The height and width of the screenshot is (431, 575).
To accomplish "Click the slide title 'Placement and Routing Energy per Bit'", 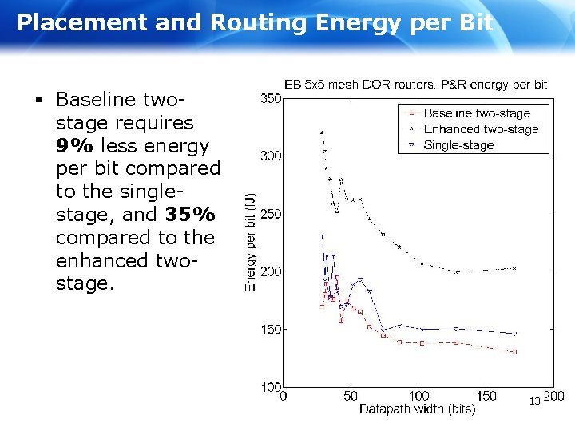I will (x=255, y=22).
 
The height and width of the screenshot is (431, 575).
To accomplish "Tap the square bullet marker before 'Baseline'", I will (x=38, y=101).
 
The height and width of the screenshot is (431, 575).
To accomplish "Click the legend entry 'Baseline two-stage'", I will (x=475, y=113).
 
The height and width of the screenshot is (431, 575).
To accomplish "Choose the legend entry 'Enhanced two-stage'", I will (x=481, y=129).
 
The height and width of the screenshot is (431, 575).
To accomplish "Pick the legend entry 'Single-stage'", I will (x=458, y=145).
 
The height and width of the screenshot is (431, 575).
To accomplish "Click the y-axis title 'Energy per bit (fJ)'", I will (x=250, y=242).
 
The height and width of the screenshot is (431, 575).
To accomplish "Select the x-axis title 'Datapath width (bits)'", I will (x=417, y=409).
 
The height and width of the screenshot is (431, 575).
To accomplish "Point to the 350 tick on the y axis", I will (x=271, y=99).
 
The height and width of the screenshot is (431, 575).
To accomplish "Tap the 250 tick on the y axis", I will (x=271, y=214).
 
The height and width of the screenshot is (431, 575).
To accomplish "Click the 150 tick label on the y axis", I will (x=271, y=329).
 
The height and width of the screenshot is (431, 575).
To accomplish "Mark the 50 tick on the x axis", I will (x=351, y=396).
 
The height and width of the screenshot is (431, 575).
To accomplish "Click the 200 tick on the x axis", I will (x=553, y=396).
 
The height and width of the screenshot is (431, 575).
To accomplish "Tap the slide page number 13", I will (x=534, y=400).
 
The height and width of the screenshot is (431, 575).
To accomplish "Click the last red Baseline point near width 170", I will (x=514, y=351).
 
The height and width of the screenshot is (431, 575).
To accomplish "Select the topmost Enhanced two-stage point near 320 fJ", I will (x=322, y=132).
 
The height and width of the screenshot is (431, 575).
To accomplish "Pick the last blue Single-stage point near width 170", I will (x=514, y=334).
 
